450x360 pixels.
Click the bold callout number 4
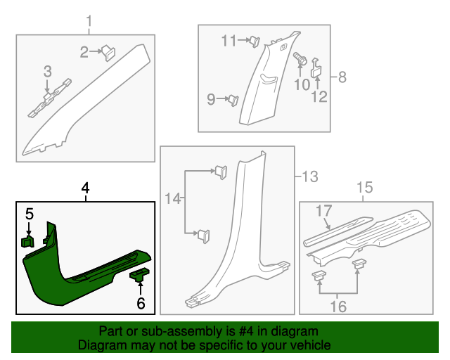[85, 188]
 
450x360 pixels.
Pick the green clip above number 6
[139, 274]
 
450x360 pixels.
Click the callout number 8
[342, 77]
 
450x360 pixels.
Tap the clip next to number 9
[231, 100]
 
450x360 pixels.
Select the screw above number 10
[300, 60]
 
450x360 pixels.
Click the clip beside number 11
[253, 41]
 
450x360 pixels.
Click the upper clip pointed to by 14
[220, 170]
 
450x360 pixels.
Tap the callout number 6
[141, 303]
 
